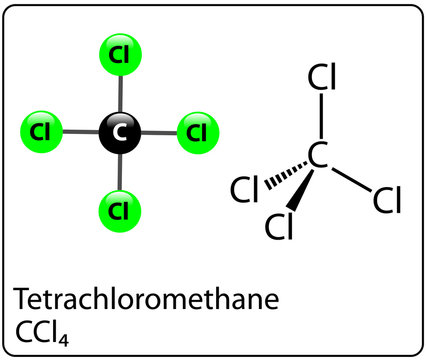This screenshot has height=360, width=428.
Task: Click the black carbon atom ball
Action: coord(118,132)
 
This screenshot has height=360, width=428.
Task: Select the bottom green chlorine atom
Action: coord(118,210)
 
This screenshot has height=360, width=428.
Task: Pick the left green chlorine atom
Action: coord(41,132)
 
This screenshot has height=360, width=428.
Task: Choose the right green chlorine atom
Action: coord(197,132)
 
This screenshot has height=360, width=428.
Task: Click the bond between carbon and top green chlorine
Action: coord(118,93)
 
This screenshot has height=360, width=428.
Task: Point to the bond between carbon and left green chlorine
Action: coord(80,132)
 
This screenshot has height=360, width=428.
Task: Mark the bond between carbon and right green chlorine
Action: coord(158,132)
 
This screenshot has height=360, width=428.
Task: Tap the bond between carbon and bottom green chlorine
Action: coord(118,172)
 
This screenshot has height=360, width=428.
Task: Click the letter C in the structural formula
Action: coord(318,156)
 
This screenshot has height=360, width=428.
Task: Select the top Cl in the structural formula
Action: coord(321,77)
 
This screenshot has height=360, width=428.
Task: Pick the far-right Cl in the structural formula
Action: coord(386,201)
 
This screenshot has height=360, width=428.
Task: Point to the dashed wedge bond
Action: coord(283,172)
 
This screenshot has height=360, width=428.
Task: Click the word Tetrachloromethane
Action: coord(144,298)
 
